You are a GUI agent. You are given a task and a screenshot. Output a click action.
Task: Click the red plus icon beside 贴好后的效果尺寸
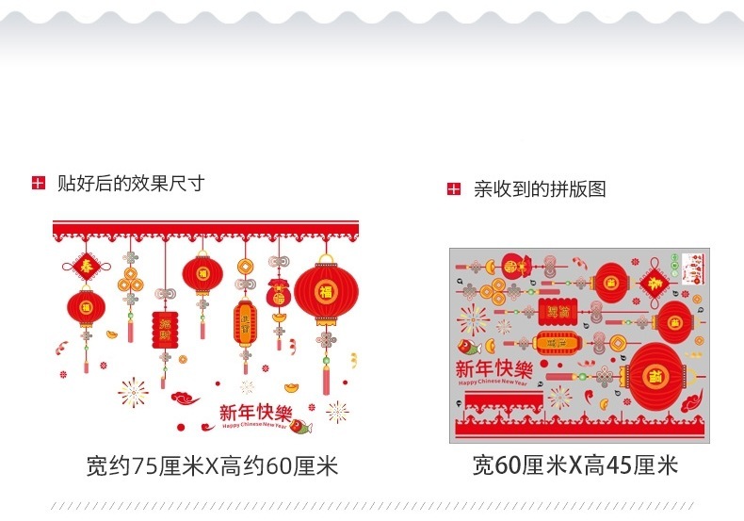38,184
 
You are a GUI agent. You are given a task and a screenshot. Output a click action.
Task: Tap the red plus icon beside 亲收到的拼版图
454,189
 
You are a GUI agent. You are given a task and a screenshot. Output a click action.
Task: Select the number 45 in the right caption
621,465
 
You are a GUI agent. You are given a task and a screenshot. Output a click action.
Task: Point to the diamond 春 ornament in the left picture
86,265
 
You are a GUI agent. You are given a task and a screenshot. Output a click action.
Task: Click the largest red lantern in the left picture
326,294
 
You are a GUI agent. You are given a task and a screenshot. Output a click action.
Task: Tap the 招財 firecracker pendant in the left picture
165,329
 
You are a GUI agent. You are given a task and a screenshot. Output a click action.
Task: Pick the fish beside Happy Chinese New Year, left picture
298,430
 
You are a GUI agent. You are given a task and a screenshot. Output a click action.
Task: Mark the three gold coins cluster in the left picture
130,280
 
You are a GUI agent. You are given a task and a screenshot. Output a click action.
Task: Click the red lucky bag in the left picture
279,295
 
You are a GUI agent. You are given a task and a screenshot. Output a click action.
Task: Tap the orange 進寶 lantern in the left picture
245,323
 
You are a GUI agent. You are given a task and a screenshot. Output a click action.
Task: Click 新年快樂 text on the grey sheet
493,367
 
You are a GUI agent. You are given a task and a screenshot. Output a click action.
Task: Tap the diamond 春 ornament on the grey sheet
654,283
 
